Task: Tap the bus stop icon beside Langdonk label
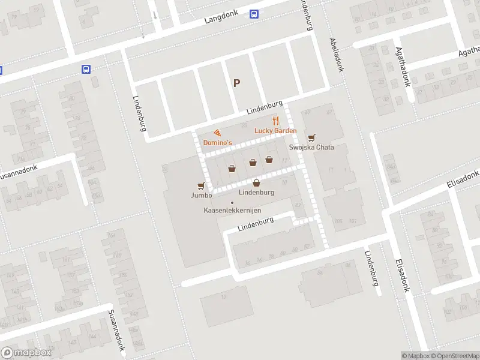[254, 15]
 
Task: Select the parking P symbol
[236, 83]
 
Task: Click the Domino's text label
[218, 143]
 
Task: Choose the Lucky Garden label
[275, 131]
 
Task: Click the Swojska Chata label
[311, 148]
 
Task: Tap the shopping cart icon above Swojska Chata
[311, 137]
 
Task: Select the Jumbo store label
[202, 196]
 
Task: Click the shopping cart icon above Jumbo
[202, 185]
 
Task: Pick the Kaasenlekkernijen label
[232, 211]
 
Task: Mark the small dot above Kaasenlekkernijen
[232, 202]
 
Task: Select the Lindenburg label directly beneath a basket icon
[256, 193]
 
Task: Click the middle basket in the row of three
[253, 161]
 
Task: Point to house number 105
[338, 221]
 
